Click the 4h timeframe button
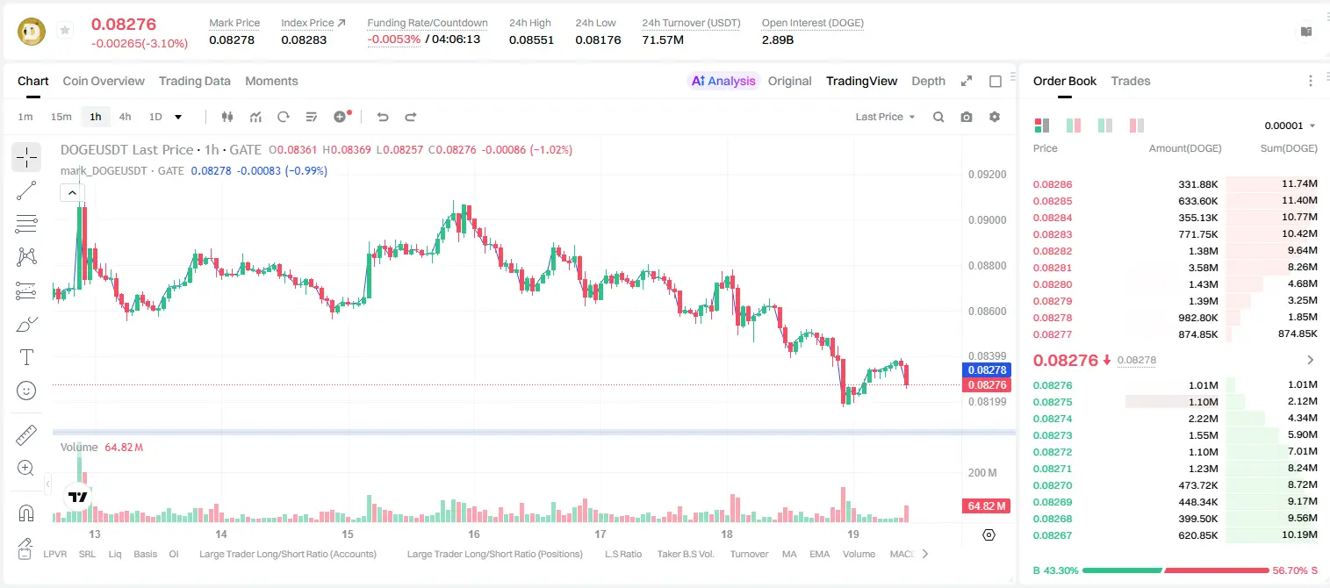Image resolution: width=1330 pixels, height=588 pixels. pos(125,117)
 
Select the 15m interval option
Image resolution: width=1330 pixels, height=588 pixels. pos(61,117)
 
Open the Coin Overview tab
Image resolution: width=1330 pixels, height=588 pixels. pos(104,81)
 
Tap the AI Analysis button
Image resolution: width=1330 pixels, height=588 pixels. pos(723,81)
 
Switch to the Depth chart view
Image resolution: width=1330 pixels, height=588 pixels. pos(928,81)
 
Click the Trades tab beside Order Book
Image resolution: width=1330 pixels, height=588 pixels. pos(1131,81)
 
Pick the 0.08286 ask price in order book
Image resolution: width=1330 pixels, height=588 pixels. pos(1053,184)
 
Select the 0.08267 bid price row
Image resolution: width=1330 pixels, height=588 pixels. pos(1053,535)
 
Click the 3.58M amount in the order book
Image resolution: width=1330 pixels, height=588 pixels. pos(1203,268)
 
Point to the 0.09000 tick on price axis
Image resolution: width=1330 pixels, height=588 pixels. pos(988,220)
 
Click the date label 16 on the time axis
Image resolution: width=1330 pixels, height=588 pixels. pos(474,534)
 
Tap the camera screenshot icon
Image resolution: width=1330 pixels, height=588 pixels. pos(967,117)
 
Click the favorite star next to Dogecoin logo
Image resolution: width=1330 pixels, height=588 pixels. pos(65,30)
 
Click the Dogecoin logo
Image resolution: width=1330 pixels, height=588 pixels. pos(32,31)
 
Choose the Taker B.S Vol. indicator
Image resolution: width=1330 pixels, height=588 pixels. pos(685,554)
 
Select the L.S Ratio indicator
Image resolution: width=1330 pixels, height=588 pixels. pos(623,554)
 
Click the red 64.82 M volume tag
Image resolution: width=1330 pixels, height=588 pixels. pos(986,506)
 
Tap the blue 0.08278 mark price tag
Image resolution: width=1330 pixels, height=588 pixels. pos(987,369)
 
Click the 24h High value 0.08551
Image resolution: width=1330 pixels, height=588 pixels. pos(531,39)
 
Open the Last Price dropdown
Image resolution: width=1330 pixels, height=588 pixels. pos(885,117)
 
